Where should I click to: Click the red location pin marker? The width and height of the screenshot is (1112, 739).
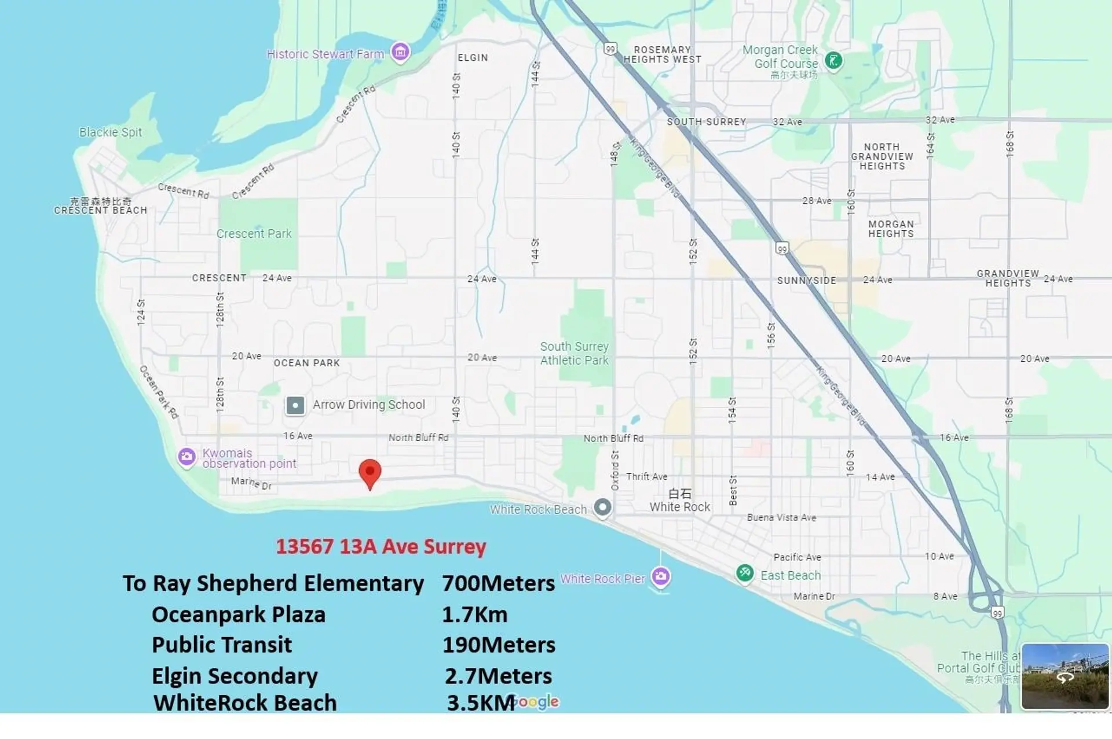[x=370, y=472]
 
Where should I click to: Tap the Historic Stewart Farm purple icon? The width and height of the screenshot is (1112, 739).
[x=400, y=53]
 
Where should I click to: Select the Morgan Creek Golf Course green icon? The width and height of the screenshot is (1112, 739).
[x=833, y=60]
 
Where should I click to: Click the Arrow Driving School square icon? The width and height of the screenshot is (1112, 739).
[x=295, y=405]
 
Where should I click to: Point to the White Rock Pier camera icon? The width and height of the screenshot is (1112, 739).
[x=661, y=576]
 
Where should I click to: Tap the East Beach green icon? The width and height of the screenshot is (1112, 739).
[x=745, y=573]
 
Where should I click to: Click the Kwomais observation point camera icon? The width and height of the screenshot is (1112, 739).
[x=186, y=457]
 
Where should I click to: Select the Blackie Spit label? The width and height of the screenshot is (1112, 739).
[x=111, y=132]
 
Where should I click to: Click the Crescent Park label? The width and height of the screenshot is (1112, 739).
[x=254, y=234]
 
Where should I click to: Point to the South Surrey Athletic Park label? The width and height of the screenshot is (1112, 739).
[x=574, y=353]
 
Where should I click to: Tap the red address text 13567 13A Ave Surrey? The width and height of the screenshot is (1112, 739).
[x=381, y=546]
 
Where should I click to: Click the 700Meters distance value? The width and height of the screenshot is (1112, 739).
[x=498, y=583]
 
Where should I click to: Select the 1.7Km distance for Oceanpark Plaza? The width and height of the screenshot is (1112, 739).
[x=474, y=615]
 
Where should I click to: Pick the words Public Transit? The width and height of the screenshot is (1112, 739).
[x=222, y=645]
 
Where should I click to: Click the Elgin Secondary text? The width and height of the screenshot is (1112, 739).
[x=235, y=676]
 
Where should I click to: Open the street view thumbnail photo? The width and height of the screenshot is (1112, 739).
[x=1065, y=676]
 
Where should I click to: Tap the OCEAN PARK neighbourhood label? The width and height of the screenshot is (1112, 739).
[x=306, y=363]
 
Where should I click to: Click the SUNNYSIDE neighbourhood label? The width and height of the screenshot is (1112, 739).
[x=806, y=281]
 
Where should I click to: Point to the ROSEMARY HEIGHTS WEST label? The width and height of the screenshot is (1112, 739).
[x=662, y=54]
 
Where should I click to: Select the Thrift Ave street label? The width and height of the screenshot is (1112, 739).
[x=646, y=476]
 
